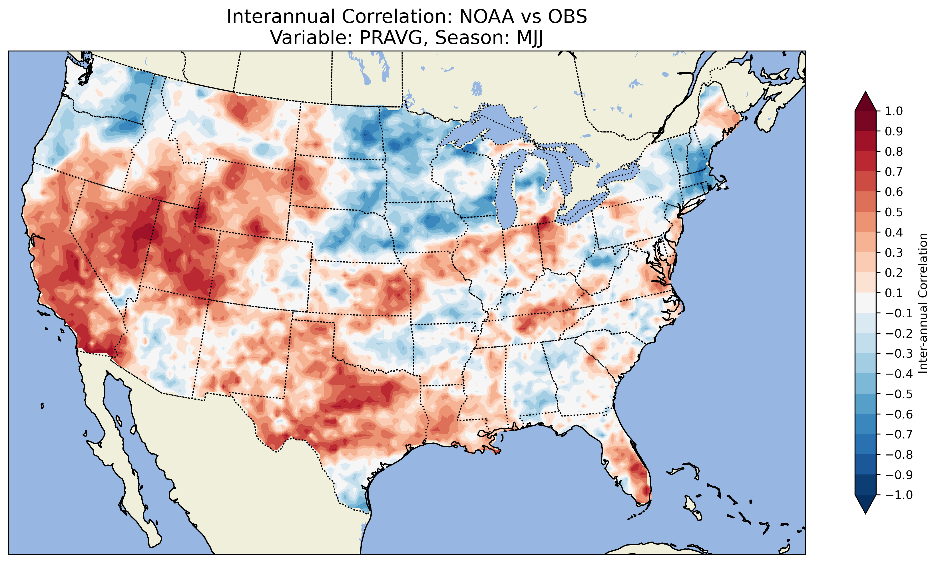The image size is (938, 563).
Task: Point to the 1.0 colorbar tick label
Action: tap(894, 111)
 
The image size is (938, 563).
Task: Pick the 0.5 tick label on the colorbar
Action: tap(894, 212)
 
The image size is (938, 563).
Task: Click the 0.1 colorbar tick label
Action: tap(894, 293)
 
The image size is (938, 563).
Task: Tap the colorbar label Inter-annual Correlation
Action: tap(923, 303)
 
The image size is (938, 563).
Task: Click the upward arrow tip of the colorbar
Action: tap(865, 93)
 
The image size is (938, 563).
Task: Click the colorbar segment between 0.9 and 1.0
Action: tap(865, 121)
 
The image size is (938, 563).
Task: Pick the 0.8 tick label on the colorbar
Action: tap(894, 151)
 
